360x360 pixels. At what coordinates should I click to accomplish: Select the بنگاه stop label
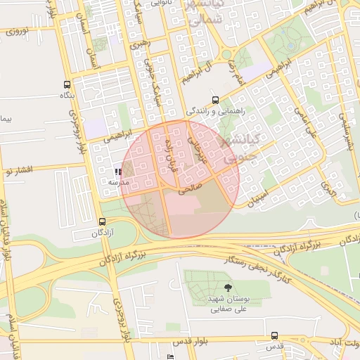(67, 94)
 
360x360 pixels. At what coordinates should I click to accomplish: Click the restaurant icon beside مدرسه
(118, 171)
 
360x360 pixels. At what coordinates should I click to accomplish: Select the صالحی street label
(191, 188)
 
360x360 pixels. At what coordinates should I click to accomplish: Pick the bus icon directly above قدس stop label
(274, 336)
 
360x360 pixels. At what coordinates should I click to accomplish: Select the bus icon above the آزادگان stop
(103, 221)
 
